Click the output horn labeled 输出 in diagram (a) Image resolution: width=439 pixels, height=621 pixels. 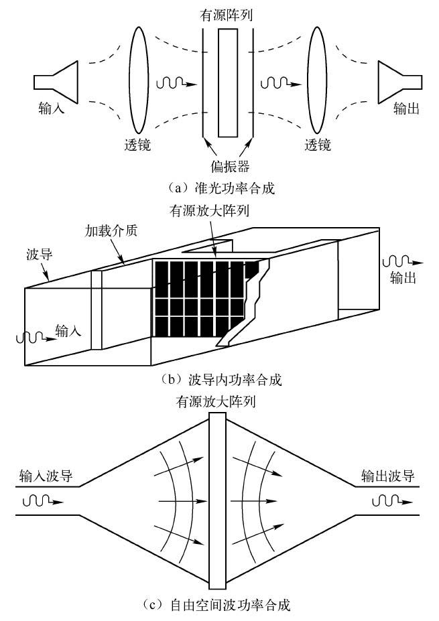tap(397, 82)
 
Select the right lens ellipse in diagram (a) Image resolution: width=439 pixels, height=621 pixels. tap(316, 80)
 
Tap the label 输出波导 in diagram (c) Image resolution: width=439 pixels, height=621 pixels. tap(387, 477)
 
